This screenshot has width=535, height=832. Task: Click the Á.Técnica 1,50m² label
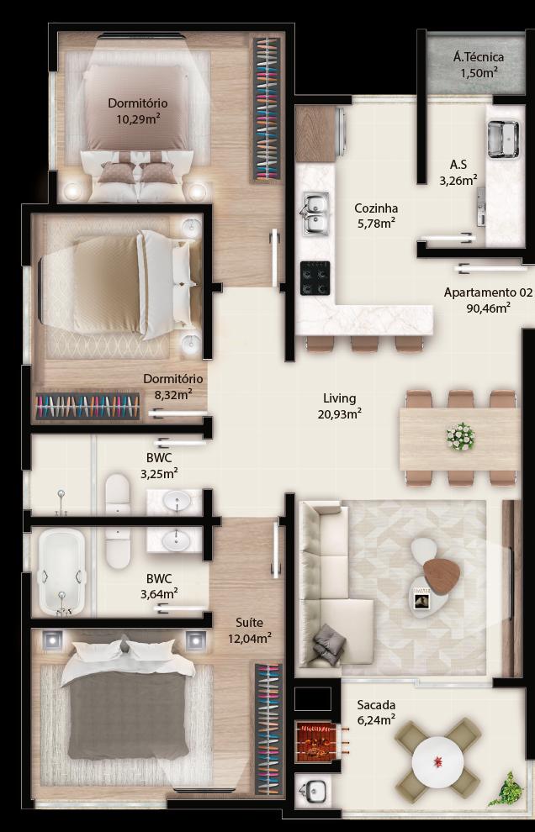479,64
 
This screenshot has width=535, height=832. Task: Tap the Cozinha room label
376,208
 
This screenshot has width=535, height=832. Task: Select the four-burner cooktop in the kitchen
315,278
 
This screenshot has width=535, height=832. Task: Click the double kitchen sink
316,213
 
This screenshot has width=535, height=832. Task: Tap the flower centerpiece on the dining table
460,437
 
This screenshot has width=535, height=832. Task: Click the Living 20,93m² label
340,406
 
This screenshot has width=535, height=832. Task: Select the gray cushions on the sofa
329,644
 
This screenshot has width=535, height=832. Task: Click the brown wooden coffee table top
442,577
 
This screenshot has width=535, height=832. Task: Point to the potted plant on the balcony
506,789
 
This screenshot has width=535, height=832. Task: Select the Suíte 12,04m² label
249,630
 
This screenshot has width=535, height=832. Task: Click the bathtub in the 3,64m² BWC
62,572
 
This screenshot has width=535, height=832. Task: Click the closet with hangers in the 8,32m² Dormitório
87,407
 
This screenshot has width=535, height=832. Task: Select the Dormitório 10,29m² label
138,110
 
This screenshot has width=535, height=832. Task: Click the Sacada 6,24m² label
376,712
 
